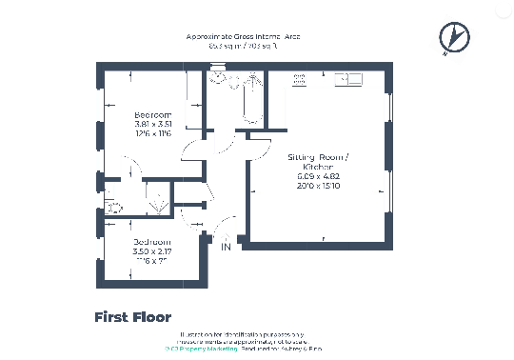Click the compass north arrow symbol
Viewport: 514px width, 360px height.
pyautogui.click(x=454, y=37)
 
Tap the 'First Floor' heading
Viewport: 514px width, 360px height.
pyautogui.click(x=132, y=317)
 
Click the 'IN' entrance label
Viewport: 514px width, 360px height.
pyautogui.click(x=227, y=248)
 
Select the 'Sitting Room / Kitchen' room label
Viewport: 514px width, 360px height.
pyautogui.click(x=318, y=161)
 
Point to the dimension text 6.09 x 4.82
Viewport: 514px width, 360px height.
pyautogui.click(x=318, y=176)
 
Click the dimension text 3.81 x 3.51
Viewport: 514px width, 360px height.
pyautogui.click(x=152, y=125)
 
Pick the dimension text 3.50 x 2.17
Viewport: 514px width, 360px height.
pyautogui.click(x=152, y=250)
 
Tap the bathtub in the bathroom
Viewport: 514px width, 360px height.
pyautogui.click(x=250, y=103)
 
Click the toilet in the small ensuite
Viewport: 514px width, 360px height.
pyautogui.click(x=114, y=204)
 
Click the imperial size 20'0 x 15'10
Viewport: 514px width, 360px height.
pyautogui.click(x=318, y=186)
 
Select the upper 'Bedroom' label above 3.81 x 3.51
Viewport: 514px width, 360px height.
pyautogui.click(x=152, y=115)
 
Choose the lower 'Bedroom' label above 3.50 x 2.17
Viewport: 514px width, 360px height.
pyautogui.click(x=152, y=240)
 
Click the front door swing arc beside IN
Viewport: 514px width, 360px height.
pyautogui.click(x=221, y=230)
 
